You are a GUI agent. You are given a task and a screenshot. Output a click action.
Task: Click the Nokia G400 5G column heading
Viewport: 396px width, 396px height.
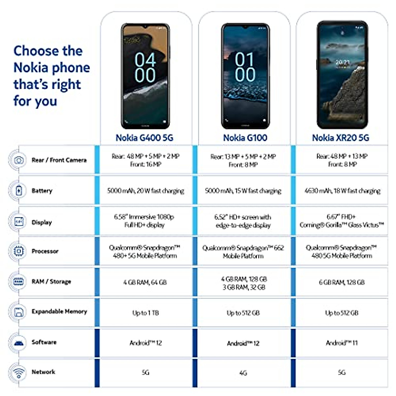[x=145, y=138]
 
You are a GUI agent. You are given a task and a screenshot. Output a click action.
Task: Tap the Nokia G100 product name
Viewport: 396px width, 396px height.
[x=245, y=138]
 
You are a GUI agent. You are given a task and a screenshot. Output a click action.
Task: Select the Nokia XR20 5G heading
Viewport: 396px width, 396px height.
[x=341, y=138]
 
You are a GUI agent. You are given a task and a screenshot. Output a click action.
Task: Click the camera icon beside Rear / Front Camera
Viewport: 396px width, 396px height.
[x=19, y=160]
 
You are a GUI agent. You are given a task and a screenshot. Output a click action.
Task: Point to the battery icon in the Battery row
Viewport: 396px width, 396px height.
[x=19, y=190]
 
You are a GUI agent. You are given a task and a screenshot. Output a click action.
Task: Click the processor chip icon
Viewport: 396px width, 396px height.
[x=19, y=251]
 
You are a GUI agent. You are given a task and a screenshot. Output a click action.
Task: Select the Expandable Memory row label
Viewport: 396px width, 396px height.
[x=59, y=312]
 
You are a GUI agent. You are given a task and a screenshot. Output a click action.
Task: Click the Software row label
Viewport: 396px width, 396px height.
[x=44, y=342]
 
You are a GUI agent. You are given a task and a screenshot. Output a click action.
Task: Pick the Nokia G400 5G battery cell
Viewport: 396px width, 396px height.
[x=146, y=191]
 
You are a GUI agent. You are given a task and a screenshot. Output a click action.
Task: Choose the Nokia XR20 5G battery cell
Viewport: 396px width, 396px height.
[x=342, y=191]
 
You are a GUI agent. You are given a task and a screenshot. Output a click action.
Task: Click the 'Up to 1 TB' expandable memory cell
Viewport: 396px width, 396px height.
[x=146, y=313]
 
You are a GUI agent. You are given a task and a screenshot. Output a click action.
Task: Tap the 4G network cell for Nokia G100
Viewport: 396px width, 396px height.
[x=243, y=373]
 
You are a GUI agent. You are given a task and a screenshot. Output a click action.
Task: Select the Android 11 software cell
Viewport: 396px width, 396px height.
[x=342, y=343]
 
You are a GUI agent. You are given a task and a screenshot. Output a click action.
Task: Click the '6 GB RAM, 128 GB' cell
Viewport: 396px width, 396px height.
[x=342, y=282]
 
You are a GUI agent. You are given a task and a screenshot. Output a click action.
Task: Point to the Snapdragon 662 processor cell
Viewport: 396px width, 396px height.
[x=243, y=252]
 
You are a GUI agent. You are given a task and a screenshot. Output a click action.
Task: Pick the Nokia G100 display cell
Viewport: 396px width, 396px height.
[x=243, y=221]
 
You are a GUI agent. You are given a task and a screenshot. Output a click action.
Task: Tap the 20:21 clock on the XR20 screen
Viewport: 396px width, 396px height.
[x=343, y=62]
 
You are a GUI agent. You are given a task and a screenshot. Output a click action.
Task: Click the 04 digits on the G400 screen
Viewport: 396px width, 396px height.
[x=145, y=60]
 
